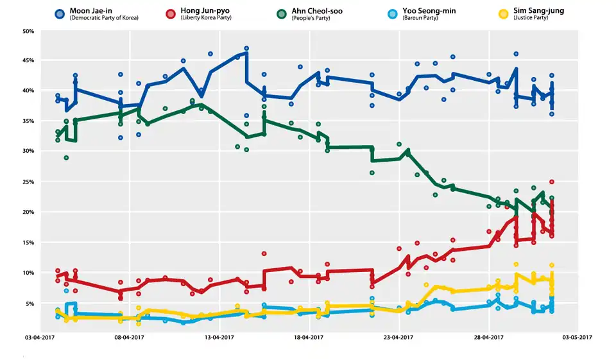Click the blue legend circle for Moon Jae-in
pyautogui.click(x=60, y=13)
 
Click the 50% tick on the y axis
pyautogui.click(x=28, y=30)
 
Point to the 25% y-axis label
pyautogui.click(x=28, y=182)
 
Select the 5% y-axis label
pyautogui.click(x=30, y=303)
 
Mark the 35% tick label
pyautogui.click(x=28, y=121)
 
